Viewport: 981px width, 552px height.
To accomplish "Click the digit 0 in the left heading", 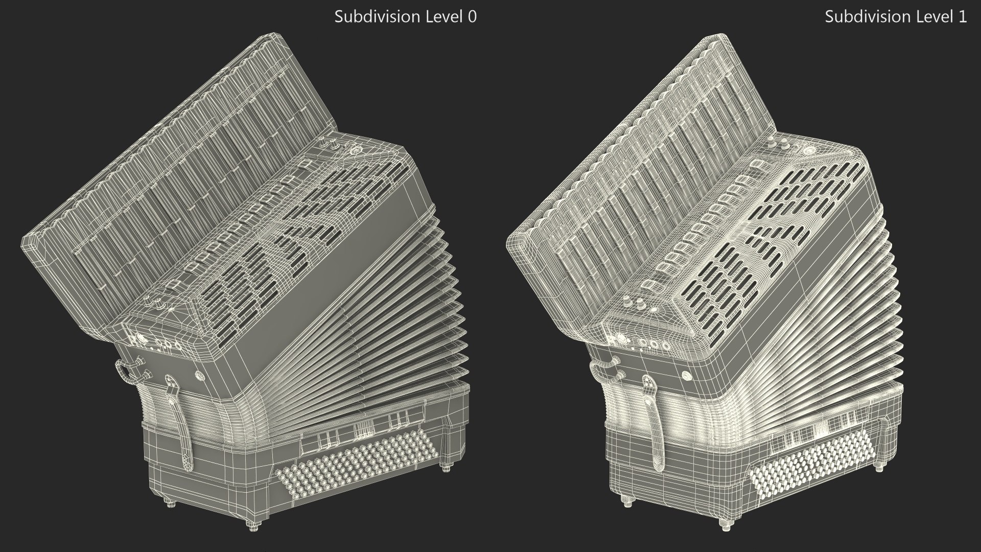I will (472, 17).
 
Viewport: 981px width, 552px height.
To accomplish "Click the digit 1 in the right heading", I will (963, 17).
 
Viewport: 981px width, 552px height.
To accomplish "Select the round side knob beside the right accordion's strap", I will (687, 376).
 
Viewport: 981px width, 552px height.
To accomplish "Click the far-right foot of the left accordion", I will (449, 468).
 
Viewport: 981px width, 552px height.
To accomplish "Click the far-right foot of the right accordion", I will (879, 467).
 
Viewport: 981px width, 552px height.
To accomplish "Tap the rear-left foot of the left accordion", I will (171, 503).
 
